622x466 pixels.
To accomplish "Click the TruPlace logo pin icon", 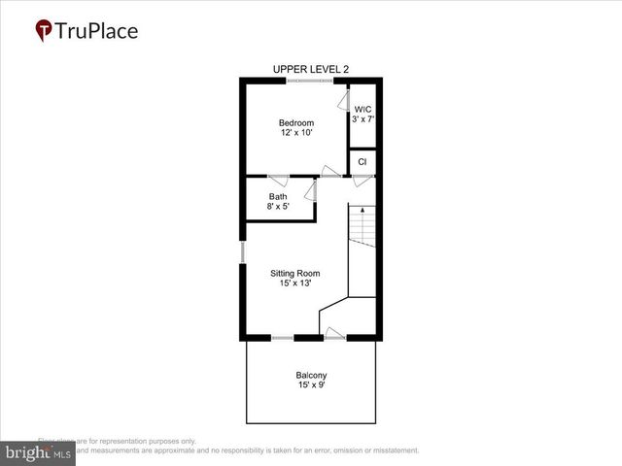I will point(44,31).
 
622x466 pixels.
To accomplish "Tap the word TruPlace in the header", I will point(97,31).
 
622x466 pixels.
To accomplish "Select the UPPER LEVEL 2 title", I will point(311,69).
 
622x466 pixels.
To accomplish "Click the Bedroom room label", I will point(296,122).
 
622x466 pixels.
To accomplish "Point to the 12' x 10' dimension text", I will point(296,134).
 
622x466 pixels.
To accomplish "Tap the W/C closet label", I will point(363,109).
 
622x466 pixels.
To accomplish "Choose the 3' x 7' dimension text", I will point(363,119).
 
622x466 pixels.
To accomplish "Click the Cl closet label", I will point(363,162).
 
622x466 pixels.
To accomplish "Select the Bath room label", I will point(278,196).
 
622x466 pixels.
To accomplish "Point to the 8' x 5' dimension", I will point(278,207).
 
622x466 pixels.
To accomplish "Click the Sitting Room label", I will point(295,273).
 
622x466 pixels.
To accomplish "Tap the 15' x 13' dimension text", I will point(295,284).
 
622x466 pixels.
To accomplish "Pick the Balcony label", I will point(311,376).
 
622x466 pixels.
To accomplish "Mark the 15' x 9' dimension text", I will point(311,386).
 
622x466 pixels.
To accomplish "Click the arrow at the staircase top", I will point(363,210).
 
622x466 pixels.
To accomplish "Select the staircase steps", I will point(363,233).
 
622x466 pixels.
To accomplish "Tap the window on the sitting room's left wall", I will point(243,251).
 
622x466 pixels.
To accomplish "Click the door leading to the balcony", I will point(333,336).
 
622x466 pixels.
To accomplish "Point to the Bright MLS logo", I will point(39,453).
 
